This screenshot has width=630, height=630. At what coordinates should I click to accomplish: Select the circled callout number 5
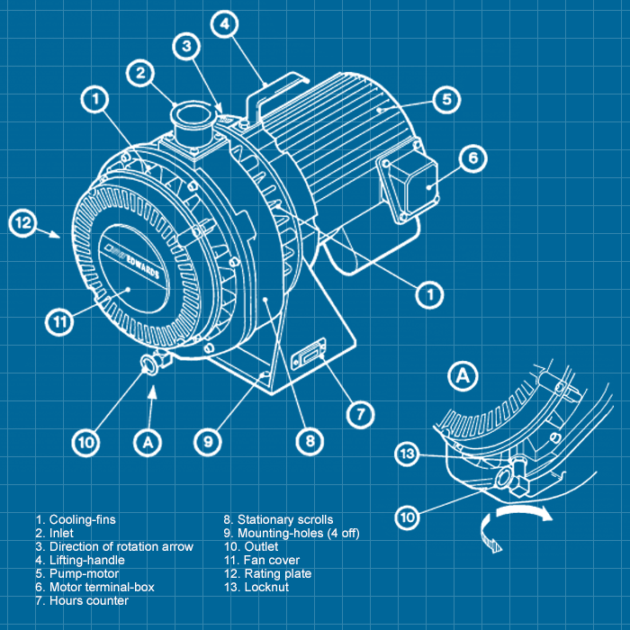click(446, 98)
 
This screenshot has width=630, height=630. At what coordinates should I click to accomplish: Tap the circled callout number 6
click(472, 160)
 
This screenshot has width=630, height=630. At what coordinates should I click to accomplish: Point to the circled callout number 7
click(360, 414)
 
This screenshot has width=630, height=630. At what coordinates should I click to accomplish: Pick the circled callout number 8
click(309, 441)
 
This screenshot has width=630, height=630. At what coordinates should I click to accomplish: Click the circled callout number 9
click(208, 442)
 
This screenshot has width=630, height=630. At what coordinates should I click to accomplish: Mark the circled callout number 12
click(23, 222)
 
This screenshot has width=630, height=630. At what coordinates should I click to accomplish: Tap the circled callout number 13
click(409, 455)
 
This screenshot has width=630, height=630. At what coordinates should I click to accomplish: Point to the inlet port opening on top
click(192, 114)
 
